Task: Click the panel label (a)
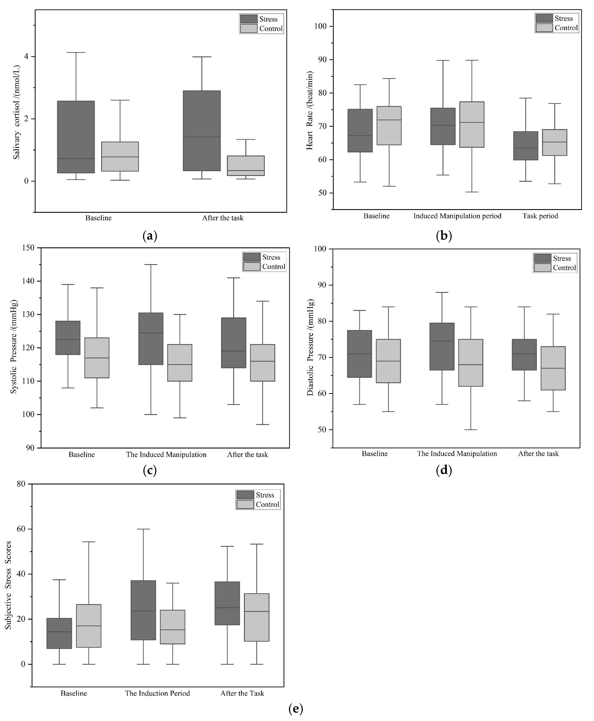tap(150, 236)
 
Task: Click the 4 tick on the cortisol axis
tap(26, 57)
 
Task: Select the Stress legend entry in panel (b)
tap(557, 19)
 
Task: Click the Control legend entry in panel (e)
tap(258, 505)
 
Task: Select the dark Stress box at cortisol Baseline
tap(76, 137)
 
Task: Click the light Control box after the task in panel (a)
tap(246, 166)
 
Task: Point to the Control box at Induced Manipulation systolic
tap(180, 363)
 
